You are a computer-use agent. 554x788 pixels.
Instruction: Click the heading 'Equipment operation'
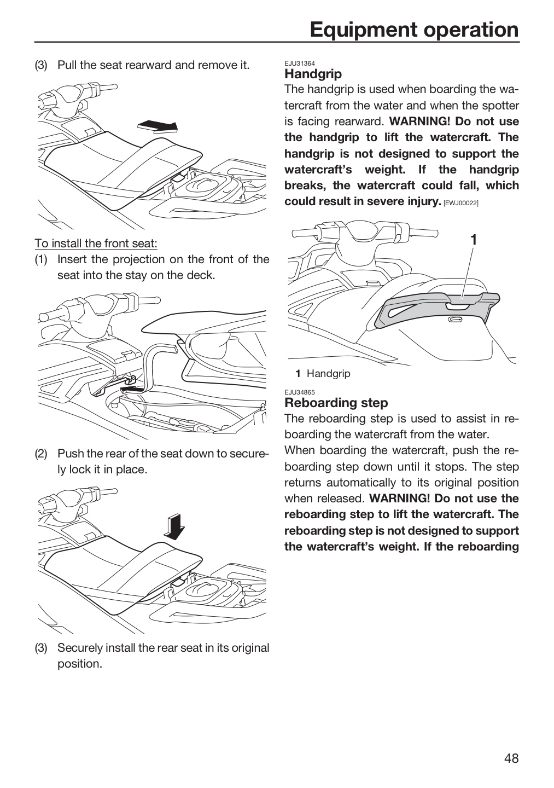point(414,30)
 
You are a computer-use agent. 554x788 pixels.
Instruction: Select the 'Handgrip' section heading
point(313,74)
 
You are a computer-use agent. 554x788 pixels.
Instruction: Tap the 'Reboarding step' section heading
point(336,402)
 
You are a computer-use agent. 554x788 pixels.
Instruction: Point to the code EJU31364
point(300,63)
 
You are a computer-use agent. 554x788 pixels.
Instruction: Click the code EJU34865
point(300,392)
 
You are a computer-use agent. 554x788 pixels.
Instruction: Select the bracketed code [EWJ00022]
point(461,203)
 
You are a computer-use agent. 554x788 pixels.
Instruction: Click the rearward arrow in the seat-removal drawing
point(158,126)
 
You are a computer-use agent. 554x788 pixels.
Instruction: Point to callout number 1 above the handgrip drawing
point(474,240)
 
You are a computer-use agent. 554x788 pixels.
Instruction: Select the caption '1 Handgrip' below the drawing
point(323,373)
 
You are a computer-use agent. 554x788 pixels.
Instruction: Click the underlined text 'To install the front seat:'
point(96,243)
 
